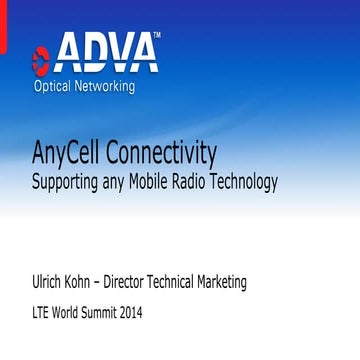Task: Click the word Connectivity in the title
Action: [x=172, y=155]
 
